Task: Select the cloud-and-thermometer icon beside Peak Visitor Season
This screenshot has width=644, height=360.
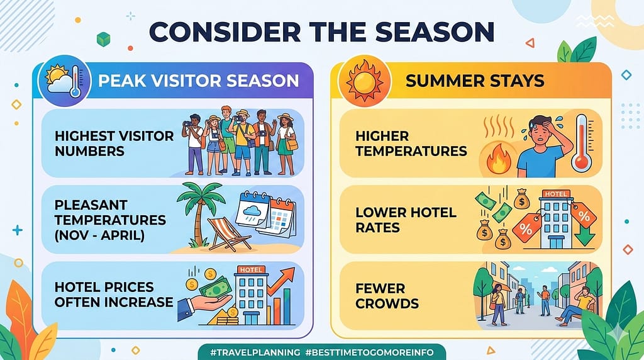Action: click(x=62, y=82)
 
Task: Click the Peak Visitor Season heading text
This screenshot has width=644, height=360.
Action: click(x=197, y=81)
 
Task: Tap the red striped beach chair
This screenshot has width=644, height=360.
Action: click(x=227, y=233)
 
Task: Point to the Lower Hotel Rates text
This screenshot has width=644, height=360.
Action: click(x=406, y=220)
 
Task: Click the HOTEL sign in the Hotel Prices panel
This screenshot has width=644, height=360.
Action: click(x=250, y=271)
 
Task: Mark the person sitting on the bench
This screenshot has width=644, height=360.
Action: click(x=579, y=305)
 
